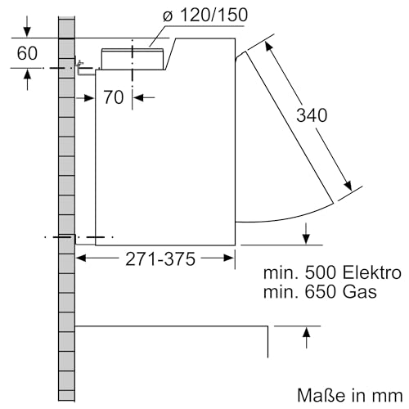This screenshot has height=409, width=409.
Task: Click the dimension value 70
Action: point(114,98)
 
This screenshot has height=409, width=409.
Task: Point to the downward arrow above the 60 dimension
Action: point(28,31)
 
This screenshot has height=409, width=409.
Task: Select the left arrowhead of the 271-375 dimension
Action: point(82,258)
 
